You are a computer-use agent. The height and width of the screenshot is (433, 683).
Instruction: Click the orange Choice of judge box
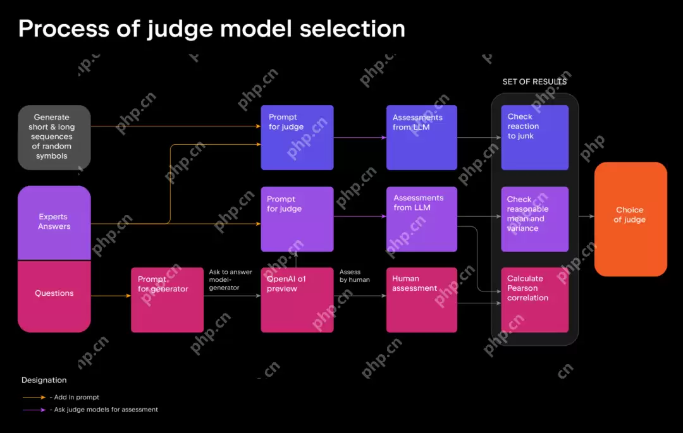(x=631, y=219)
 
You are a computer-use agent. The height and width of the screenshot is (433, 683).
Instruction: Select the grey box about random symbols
(x=54, y=137)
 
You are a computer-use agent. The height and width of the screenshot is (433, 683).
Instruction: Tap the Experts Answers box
(x=54, y=222)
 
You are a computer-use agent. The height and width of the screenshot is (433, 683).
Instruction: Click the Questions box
(x=54, y=296)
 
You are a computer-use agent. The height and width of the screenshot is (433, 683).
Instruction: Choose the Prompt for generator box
(x=167, y=300)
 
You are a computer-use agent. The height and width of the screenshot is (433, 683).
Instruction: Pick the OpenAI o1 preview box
(x=297, y=300)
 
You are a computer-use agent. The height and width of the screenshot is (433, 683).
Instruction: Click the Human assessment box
(x=421, y=300)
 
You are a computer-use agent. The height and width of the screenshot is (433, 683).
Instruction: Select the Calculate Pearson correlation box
(x=534, y=300)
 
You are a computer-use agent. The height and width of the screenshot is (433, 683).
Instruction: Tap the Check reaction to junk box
(x=534, y=137)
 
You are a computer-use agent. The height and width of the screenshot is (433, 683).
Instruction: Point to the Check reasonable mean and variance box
(x=534, y=219)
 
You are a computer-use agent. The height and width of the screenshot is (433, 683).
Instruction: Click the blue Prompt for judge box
(x=297, y=137)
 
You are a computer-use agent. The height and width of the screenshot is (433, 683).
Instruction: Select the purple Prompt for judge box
(x=297, y=219)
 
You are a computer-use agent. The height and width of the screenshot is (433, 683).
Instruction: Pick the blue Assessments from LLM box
(x=421, y=137)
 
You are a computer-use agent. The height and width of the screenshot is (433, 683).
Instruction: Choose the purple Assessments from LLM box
(x=421, y=219)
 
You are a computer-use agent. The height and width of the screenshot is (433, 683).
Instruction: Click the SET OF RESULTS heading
(x=534, y=82)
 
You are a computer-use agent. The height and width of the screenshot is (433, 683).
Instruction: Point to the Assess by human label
(x=355, y=276)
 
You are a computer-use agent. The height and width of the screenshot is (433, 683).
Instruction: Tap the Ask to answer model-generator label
(x=230, y=280)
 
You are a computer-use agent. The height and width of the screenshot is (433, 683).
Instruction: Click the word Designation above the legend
(x=44, y=380)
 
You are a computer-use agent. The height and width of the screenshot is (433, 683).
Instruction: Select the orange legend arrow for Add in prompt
(x=33, y=397)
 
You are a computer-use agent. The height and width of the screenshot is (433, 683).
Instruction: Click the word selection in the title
(x=352, y=29)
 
